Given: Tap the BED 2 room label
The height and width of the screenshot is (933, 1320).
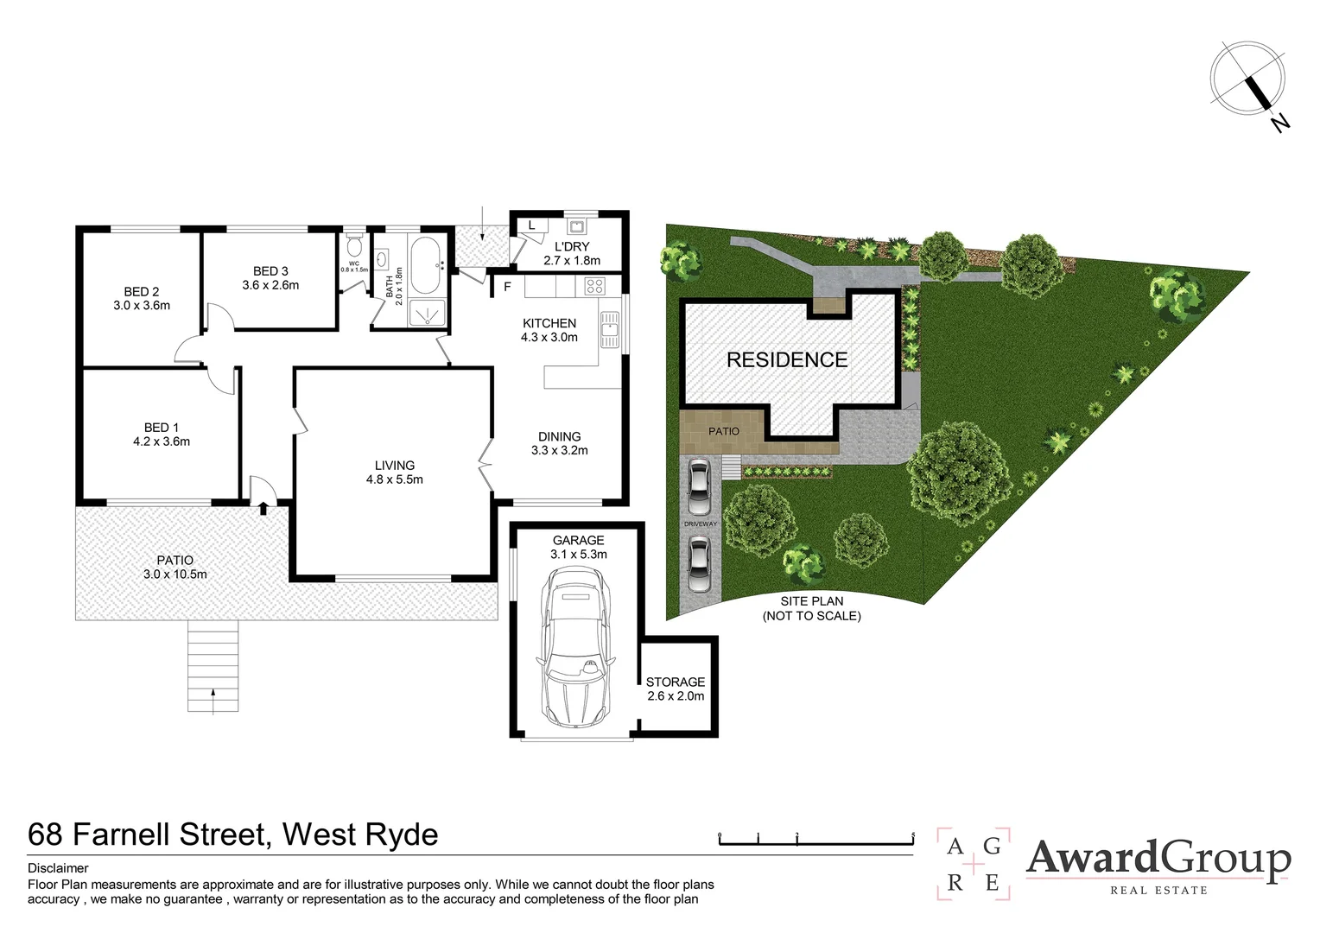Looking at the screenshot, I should click(142, 292).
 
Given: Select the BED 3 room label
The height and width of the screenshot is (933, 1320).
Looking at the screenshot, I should click(270, 271).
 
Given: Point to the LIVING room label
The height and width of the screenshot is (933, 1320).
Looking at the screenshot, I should click(395, 466).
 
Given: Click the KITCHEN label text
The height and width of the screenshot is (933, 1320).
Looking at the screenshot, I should click(549, 323).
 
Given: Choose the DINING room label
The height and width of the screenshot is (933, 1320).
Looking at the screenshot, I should click(559, 436).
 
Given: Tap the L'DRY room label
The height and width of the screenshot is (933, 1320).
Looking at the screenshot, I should click(572, 246).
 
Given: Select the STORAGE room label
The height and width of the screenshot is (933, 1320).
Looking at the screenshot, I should click(676, 682).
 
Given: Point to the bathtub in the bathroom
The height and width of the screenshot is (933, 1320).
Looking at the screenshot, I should click(426, 264).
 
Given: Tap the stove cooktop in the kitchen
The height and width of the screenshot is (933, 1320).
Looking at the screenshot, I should click(594, 285).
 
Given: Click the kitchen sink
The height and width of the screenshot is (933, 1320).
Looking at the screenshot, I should click(610, 330).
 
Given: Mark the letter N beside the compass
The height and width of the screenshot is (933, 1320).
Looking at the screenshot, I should click(1279, 123).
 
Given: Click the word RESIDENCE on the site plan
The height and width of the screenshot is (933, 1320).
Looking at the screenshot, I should click(787, 359).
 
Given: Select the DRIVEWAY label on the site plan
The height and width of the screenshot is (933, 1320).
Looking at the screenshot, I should click(701, 524).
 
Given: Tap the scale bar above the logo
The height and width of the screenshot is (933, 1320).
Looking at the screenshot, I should click(815, 837).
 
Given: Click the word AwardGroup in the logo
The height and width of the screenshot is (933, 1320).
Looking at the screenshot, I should click(1158, 859).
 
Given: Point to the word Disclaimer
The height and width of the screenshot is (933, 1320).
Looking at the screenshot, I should click(58, 868).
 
